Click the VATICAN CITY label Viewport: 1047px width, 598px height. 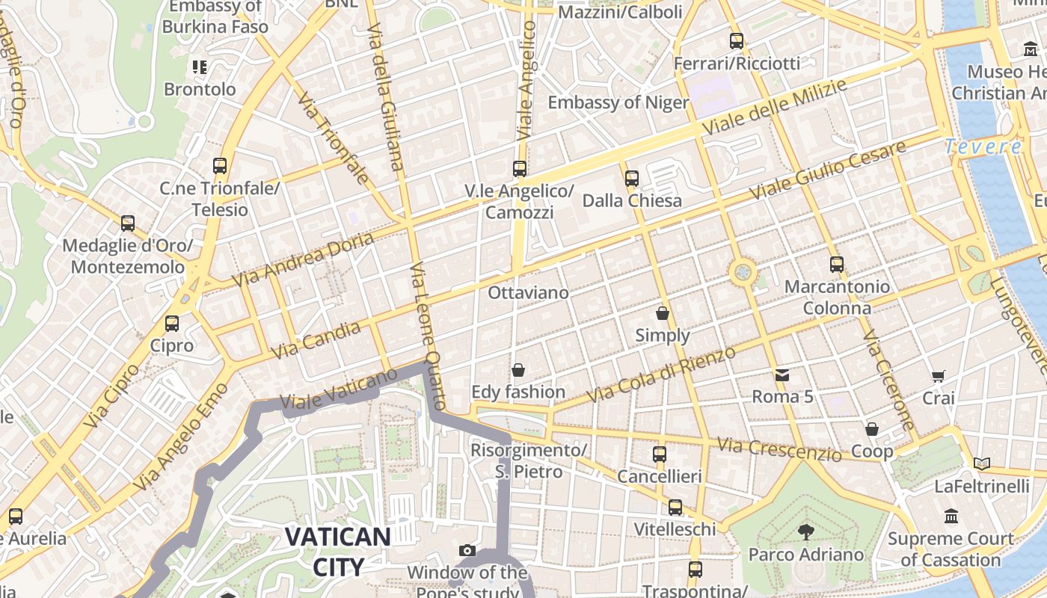[x=337, y=552]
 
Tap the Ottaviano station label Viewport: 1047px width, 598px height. [x=528, y=292]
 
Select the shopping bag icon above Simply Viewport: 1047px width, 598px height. [x=662, y=312]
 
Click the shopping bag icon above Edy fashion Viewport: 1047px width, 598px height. [x=518, y=369]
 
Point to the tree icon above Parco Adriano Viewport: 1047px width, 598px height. [x=805, y=531]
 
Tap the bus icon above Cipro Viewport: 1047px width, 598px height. [x=172, y=324]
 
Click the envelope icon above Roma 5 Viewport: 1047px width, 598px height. [x=782, y=374]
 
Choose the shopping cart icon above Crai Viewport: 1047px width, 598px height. [x=938, y=376]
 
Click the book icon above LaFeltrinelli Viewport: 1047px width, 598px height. [x=981, y=463]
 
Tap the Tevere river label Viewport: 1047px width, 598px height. [x=982, y=147]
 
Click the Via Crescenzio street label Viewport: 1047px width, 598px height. [x=779, y=449]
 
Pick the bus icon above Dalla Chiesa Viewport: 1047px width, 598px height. [x=632, y=178]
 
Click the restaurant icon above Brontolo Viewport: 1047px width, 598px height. [x=199, y=67]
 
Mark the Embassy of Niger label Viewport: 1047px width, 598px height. [x=618, y=102]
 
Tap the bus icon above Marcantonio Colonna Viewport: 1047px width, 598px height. [x=836, y=264]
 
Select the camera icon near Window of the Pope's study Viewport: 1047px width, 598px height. [x=467, y=551]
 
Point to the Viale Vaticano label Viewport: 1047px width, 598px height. [x=338, y=389]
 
